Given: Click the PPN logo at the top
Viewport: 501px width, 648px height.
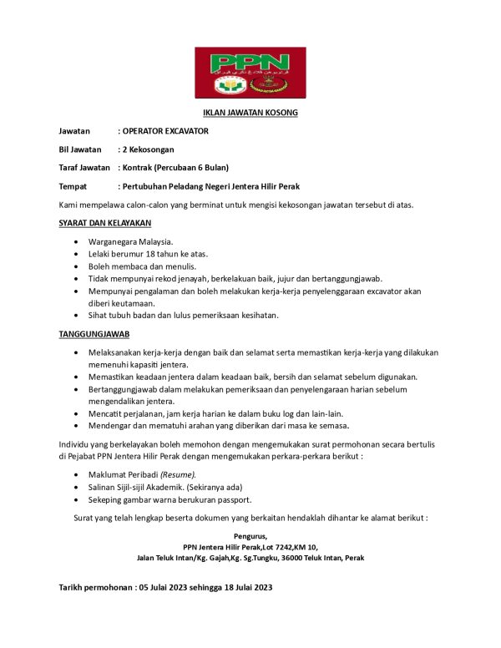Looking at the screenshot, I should click(250, 73).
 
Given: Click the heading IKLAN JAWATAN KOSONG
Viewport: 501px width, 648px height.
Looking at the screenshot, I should click(250, 112).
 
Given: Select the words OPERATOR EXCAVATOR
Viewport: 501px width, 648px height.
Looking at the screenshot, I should click(165, 131).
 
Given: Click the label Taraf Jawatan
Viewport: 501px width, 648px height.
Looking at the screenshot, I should click(84, 168).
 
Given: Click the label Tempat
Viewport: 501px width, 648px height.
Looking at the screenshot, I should click(73, 186).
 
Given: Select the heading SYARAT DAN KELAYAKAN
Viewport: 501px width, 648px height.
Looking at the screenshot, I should click(104, 223).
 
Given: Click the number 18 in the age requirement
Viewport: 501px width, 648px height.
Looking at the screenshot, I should click(157, 254).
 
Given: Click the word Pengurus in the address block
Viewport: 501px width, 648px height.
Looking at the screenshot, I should click(250, 536).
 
